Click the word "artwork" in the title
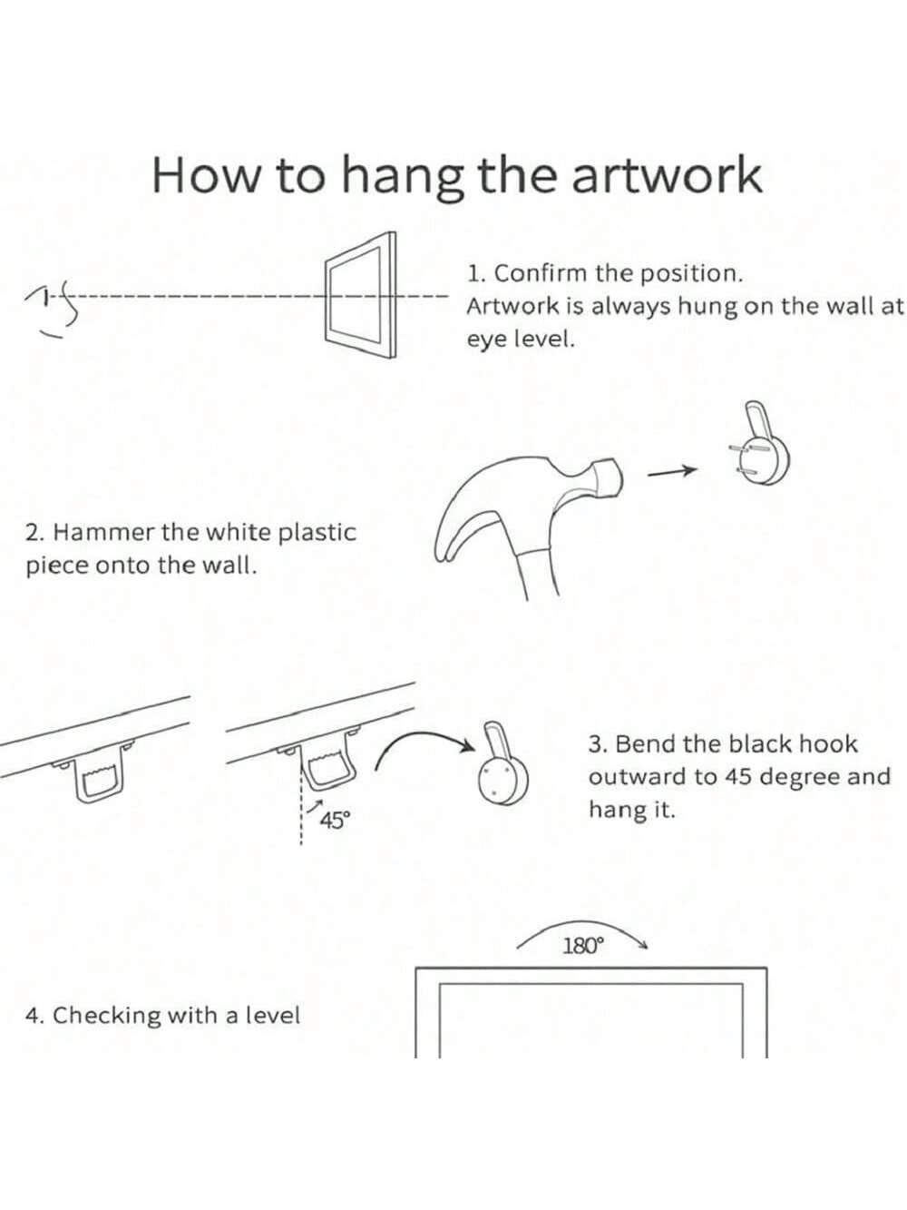click(667, 175)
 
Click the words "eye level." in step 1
click(521, 339)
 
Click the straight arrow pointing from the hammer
click(672, 471)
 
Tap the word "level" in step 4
click(273, 1015)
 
